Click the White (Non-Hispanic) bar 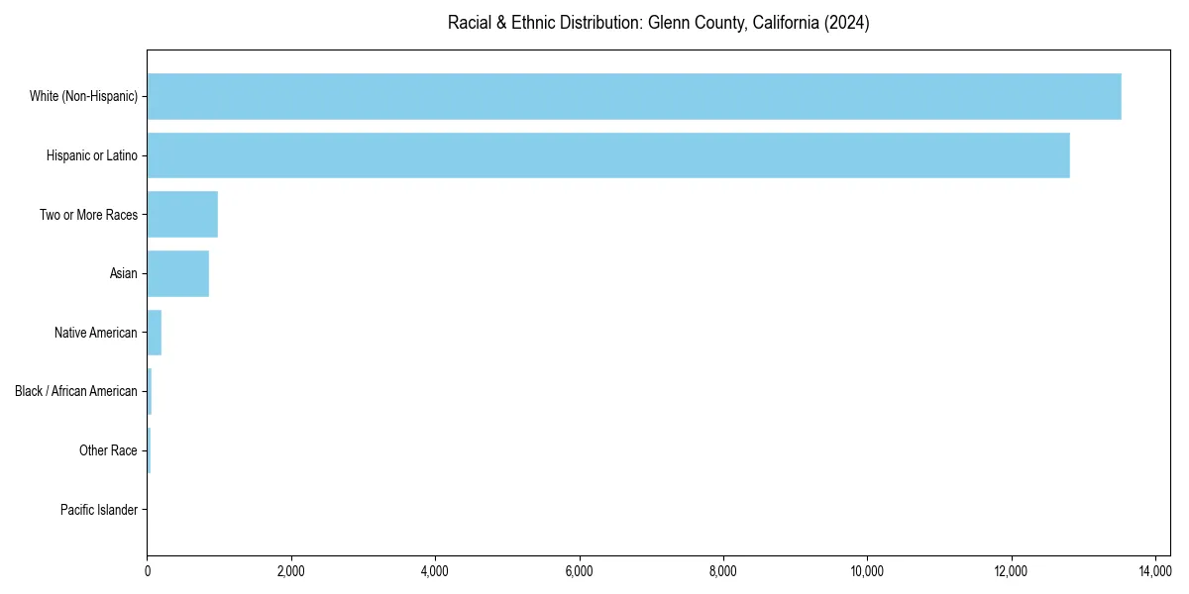pyautogui.click(x=634, y=96)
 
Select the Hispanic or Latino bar pyautogui.click(x=608, y=155)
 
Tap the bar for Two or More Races pyautogui.click(x=182, y=215)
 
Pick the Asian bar pyautogui.click(x=178, y=273)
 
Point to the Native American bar pyautogui.click(x=155, y=333)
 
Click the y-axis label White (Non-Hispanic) pyautogui.click(x=83, y=96)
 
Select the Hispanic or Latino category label pyautogui.click(x=92, y=155)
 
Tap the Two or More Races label pyautogui.click(x=88, y=215)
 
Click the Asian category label pyautogui.click(x=124, y=273)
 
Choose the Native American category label pyautogui.click(x=96, y=333)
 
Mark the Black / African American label pyautogui.click(x=76, y=392)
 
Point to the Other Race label pyautogui.click(x=108, y=451)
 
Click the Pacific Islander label pyautogui.click(x=99, y=510)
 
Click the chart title pyautogui.click(x=659, y=23)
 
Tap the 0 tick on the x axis pyautogui.click(x=148, y=571)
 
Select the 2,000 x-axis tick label pyautogui.click(x=291, y=571)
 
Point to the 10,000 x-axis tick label pyautogui.click(x=867, y=571)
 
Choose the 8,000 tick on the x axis pyautogui.click(x=723, y=571)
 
